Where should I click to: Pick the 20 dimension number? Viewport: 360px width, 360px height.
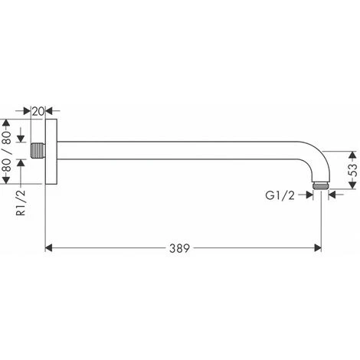[x=38, y=111]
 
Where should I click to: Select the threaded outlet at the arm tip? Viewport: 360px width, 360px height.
[x=321, y=185]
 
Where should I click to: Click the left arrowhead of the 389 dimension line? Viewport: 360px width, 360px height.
[x=51, y=248]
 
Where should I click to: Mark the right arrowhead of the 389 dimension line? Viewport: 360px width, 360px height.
[x=316, y=248]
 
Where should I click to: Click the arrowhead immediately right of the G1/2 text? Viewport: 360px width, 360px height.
[x=309, y=195]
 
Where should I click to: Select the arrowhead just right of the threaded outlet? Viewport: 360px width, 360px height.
[x=333, y=195]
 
